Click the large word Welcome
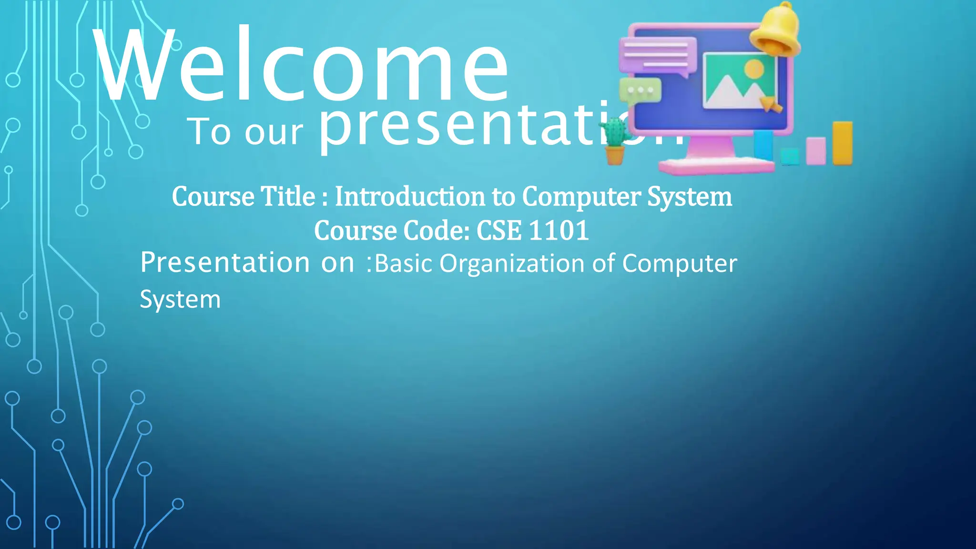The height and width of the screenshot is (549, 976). (300, 67)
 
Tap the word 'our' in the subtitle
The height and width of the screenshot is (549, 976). (274, 132)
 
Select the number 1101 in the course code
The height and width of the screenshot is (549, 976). (559, 231)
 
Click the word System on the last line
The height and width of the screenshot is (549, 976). (180, 300)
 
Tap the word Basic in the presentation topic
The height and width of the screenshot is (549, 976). (403, 264)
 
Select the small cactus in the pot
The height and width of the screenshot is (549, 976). (614, 141)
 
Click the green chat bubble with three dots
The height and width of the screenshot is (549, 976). (640, 90)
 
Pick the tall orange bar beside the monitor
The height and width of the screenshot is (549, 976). (842, 143)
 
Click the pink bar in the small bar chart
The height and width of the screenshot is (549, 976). (815, 151)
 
